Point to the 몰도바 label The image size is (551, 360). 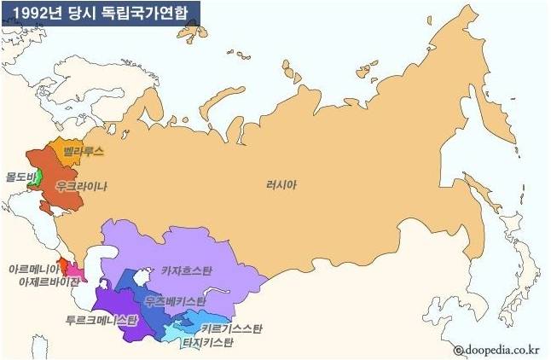point(17,177)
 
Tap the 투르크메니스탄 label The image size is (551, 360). point(101,320)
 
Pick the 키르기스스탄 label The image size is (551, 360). point(233,328)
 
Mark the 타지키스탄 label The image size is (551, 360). point(210,343)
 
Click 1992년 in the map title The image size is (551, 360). point(32,12)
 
